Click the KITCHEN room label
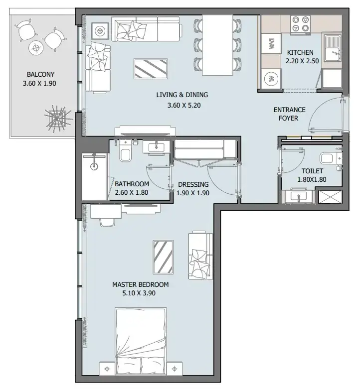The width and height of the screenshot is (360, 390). pos(300,52)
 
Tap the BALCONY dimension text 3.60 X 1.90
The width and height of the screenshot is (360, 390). pos(39,83)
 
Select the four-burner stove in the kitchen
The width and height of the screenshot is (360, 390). pos(301,23)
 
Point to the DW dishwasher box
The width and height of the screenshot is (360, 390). pos(271,43)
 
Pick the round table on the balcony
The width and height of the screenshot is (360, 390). pos(36,48)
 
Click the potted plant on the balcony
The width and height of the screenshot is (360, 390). pos(58,119)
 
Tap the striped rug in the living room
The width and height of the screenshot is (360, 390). pos(151,69)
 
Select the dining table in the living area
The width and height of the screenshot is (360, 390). pos(217,45)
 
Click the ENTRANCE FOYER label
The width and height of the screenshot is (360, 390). pos(289,114)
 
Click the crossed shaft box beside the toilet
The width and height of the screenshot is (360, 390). pos(331,197)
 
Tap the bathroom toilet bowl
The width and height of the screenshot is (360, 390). pos(125,155)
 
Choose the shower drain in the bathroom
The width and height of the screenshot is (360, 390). pos(94,166)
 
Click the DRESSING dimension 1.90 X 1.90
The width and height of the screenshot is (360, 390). pos(192,193)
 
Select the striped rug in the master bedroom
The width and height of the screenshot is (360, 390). pos(163,257)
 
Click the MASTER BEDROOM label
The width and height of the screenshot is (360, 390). pos(141,284)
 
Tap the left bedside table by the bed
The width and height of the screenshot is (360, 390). pos(107,369)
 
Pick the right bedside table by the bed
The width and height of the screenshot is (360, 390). pos(175,369)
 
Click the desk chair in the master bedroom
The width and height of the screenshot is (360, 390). pos(108,222)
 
